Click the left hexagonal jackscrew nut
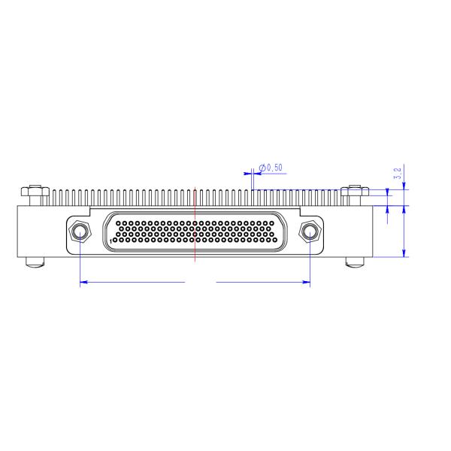[80, 232]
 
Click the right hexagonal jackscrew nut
[310, 232]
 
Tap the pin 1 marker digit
[110, 241]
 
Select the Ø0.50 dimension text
[271, 168]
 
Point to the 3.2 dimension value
[398, 174]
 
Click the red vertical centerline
[195, 224]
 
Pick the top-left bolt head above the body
[35, 191]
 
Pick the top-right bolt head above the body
[355, 191]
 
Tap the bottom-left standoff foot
[35, 262]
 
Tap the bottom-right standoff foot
[355, 262]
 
